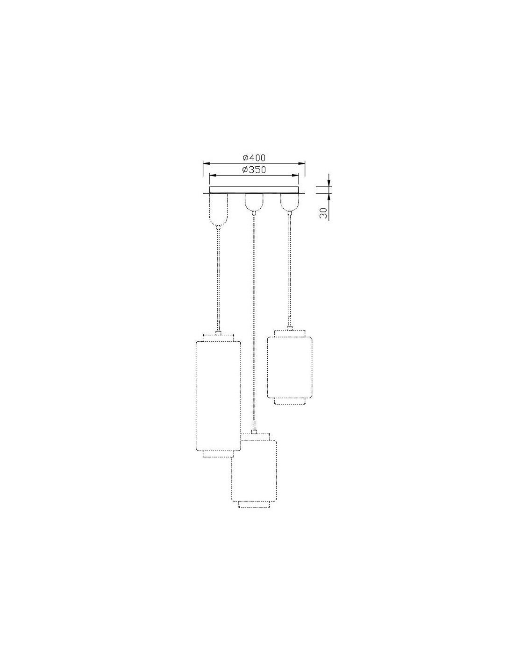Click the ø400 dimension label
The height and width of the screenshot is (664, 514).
coord(254,158)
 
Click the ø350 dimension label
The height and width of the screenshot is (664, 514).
coord(254,170)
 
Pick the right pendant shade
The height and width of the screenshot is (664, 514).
coord(290,367)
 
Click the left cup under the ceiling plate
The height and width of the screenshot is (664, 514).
coord(218,210)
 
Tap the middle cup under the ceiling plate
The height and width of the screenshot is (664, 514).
coord(253,203)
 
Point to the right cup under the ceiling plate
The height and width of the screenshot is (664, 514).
coord(290,203)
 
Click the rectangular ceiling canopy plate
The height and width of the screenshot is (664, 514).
coord(254,190)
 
